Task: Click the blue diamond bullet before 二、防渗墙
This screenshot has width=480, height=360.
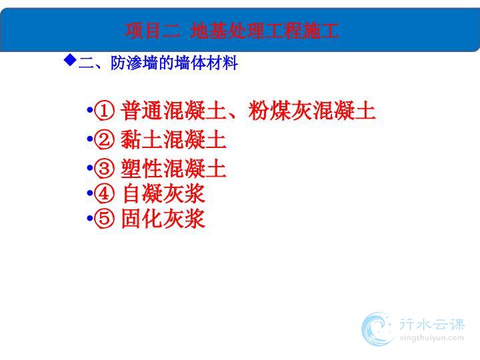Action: click(x=70, y=59)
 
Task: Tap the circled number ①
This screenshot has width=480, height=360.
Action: click(x=104, y=111)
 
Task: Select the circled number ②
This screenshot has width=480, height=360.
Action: click(x=104, y=139)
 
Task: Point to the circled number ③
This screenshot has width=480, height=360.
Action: click(x=104, y=168)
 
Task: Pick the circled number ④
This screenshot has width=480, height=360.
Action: click(x=104, y=193)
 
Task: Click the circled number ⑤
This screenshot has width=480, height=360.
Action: click(x=104, y=218)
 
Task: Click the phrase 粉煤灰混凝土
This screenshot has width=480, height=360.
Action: click(x=311, y=111)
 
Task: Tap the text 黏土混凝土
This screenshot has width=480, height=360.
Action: click(x=173, y=139)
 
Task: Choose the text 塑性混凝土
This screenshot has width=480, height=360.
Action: click(x=173, y=168)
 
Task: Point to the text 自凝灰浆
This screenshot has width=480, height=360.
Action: click(x=163, y=193)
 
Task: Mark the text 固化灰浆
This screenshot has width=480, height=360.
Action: click(x=163, y=218)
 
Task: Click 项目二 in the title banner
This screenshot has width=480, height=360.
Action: click(x=153, y=30)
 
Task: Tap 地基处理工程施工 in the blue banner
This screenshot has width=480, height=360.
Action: click(x=264, y=30)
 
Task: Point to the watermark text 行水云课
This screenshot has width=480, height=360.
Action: click(x=431, y=324)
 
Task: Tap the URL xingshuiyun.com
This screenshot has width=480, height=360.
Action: click(x=431, y=338)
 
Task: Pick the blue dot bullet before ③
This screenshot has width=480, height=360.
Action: click(x=90, y=168)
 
